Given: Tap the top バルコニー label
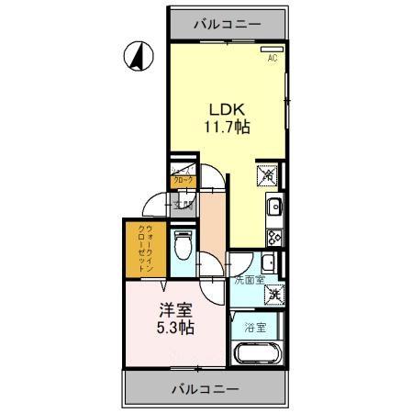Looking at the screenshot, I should [x=227, y=24].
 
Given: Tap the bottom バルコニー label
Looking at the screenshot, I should [x=206, y=389].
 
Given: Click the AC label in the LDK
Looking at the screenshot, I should [x=272, y=59].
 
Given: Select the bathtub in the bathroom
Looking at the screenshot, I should [x=254, y=354].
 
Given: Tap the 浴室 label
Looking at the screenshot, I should [x=254, y=327].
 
